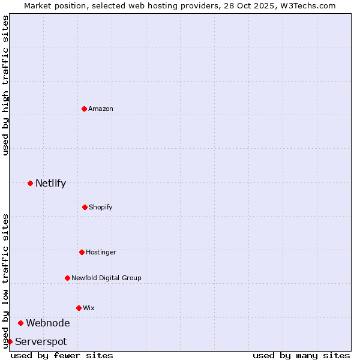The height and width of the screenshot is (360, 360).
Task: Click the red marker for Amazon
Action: (x=84, y=109)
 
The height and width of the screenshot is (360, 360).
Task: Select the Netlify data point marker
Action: (x=30, y=183)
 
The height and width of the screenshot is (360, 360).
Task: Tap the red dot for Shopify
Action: (x=85, y=207)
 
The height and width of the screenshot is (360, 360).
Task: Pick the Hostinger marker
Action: (x=82, y=252)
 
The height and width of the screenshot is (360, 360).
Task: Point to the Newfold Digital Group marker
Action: (x=67, y=278)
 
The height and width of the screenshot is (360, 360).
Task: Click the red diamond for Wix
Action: (x=79, y=308)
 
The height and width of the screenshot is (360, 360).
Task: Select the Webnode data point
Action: (x=20, y=323)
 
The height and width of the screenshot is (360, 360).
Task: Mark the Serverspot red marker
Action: (x=10, y=341)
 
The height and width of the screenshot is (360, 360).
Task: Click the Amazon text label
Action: (x=101, y=109)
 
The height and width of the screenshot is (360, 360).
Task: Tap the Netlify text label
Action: (x=50, y=183)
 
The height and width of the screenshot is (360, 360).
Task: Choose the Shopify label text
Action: (x=101, y=207)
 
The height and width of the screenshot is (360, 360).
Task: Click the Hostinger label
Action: (x=101, y=252)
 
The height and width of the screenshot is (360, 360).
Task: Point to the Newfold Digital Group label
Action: (x=106, y=278)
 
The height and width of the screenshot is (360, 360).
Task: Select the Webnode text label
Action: (x=47, y=323)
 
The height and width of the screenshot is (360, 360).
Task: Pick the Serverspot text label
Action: (x=41, y=341)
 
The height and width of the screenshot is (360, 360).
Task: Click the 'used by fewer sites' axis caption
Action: (x=62, y=355)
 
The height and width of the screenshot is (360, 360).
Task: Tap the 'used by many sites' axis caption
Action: (x=301, y=355)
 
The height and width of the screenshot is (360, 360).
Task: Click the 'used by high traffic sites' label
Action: (x=5, y=85)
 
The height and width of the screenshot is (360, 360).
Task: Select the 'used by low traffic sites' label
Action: (x=5, y=280)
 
